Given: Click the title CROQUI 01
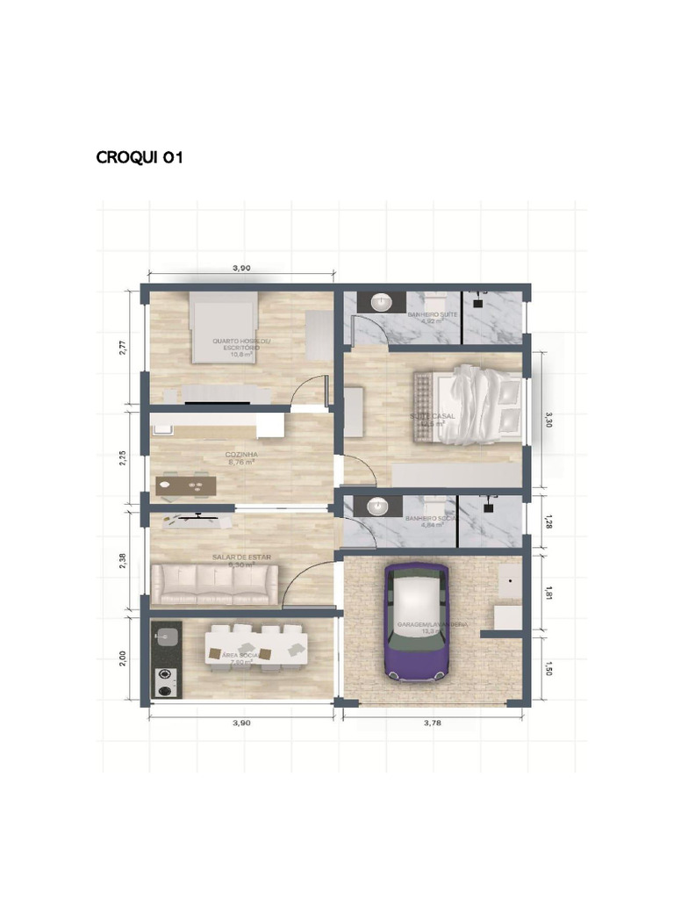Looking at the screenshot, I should tap(140, 158).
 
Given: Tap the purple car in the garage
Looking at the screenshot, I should tap(416, 621).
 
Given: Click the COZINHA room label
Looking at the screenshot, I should tap(241, 456).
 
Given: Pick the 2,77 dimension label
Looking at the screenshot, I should tap(124, 347).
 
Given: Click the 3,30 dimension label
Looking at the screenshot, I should tap(549, 420).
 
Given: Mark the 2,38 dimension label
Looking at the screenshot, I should tap(124, 560).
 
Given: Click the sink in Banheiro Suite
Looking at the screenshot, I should tap(382, 303).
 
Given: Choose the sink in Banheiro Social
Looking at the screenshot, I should tap(378, 507).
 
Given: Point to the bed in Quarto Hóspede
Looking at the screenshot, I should tap(225, 327).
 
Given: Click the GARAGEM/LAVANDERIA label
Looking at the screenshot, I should tap(432, 625).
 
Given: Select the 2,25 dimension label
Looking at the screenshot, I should tap(124, 457).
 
